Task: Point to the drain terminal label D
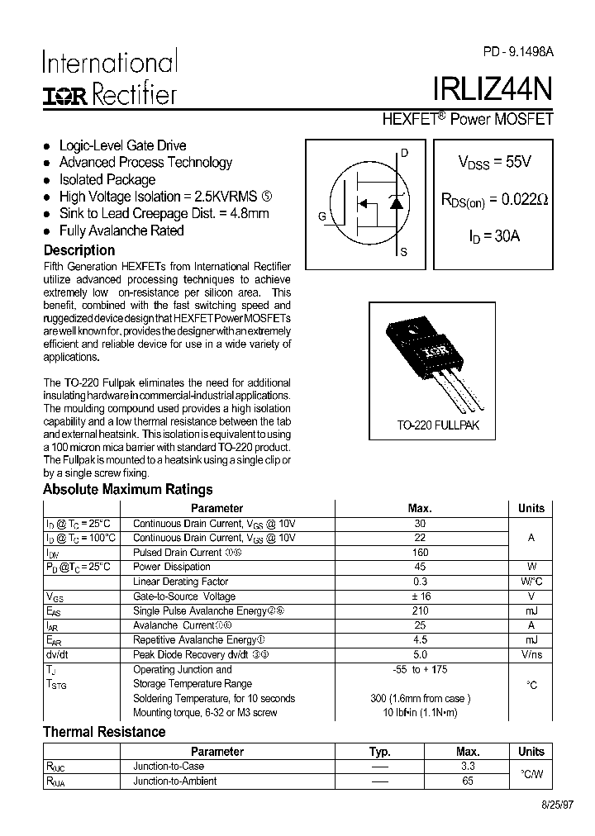[404, 152]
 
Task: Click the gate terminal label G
[321, 216]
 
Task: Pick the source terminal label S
[403, 253]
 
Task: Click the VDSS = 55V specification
[494, 163]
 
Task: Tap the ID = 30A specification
[494, 236]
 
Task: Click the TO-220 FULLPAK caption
[437, 425]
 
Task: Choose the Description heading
[79, 249]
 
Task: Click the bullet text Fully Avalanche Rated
[121, 230]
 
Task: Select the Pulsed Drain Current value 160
[420, 553]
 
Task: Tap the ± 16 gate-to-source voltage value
[420, 596]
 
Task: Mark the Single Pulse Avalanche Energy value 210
[420, 611]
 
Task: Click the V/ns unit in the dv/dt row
[531, 655]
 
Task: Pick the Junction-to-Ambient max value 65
[468, 781]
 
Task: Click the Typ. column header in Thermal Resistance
[380, 752]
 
